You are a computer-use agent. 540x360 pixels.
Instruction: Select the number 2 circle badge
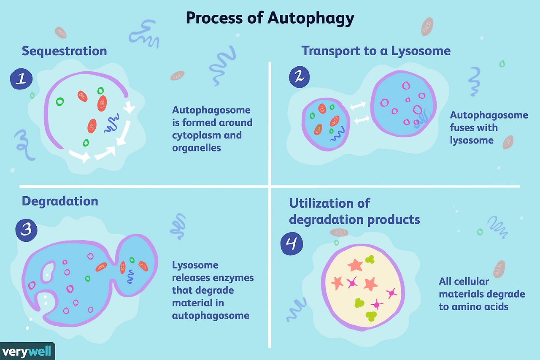pyautogui.click(x=299, y=76)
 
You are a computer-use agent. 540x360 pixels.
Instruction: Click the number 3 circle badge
pyautogui.click(x=26, y=230)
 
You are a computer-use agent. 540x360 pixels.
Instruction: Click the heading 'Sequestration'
pyautogui.click(x=64, y=51)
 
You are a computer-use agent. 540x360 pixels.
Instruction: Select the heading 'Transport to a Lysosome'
pyautogui.click(x=376, y=51)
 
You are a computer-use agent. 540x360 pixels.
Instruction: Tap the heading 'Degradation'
pyautogui.click(x=60, y=201)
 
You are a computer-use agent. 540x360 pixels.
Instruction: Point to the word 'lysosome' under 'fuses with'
pyautogui.click(x=471, y=140)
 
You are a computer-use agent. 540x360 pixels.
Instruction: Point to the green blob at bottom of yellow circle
pyautogui.click(x=371, y=316)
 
